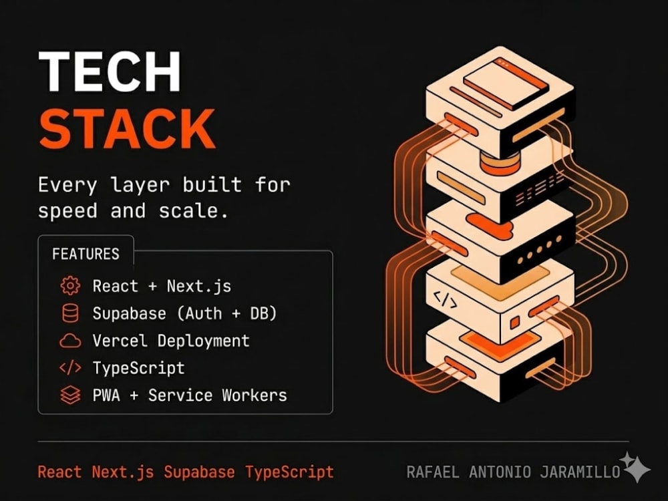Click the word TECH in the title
point(110,71)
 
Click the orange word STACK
point(127,128)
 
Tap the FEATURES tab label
point(86,254)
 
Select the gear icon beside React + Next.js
point(70,285)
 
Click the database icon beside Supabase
point(70,313)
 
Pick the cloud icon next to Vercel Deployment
point(70,341)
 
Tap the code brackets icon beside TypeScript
point(70,367)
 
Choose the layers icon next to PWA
point(70,395)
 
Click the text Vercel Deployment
point(171,341)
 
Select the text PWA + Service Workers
point(190,395)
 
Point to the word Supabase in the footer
point(199,472)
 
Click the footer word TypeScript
point(289,472)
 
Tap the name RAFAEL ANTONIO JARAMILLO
point(513,472)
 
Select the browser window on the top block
point(505,83)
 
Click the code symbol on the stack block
point(445,300)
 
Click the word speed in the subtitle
point(67,211)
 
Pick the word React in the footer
point(59,472)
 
